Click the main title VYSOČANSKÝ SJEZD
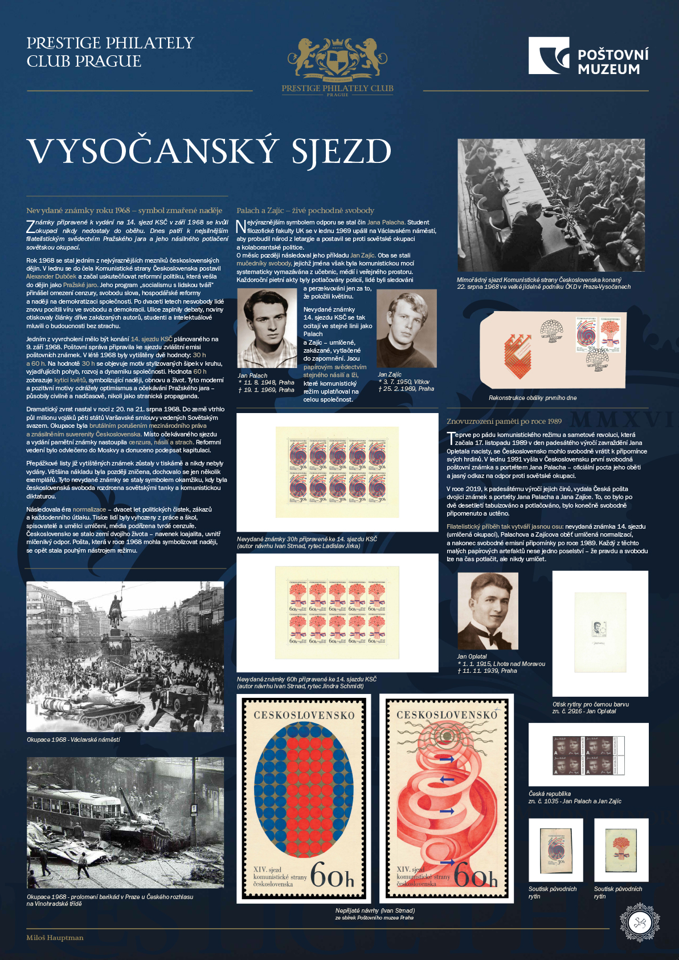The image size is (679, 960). pos(209,152)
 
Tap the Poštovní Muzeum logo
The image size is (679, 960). pos(588,56)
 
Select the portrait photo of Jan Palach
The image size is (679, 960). pos(267,328)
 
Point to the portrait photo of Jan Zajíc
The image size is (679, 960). pos(407,328)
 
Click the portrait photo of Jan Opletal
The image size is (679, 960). pos(488,611)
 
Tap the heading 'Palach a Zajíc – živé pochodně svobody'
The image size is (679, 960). pos(305,211)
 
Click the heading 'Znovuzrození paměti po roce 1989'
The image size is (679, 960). pos(504,422)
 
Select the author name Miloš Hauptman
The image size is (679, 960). pos(55,938)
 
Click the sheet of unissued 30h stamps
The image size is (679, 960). pos(337,472)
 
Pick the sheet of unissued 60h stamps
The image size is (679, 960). pos(337,612)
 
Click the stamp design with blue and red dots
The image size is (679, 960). pos(304,798)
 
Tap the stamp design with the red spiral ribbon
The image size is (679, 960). pos(447,798)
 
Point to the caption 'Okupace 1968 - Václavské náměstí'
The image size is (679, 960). pos(73,740)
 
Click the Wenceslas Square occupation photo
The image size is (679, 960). pos(125,656)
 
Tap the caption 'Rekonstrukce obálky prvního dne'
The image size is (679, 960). pos(532,398)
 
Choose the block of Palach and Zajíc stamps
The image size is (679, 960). pos(588,755)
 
